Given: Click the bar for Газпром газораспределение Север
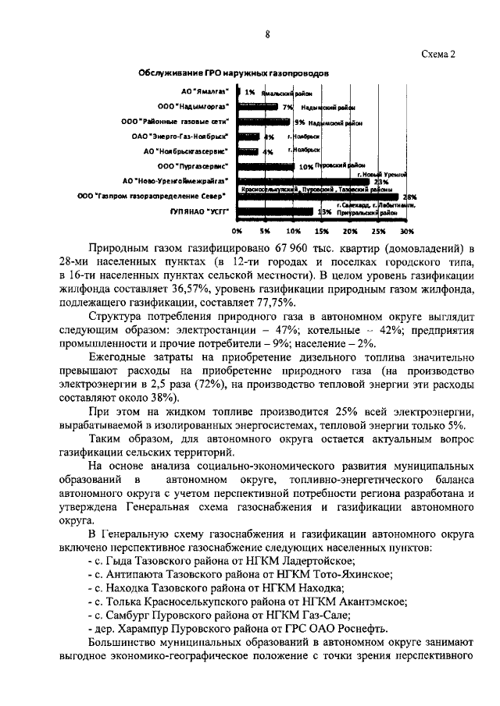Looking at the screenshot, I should pos(316,196).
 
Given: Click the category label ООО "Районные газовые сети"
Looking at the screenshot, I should pos(176,122).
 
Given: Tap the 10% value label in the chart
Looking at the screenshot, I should pos(305,167).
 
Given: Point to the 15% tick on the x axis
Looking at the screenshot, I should pos(322,232).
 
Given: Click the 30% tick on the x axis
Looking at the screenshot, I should pos(407,232).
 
